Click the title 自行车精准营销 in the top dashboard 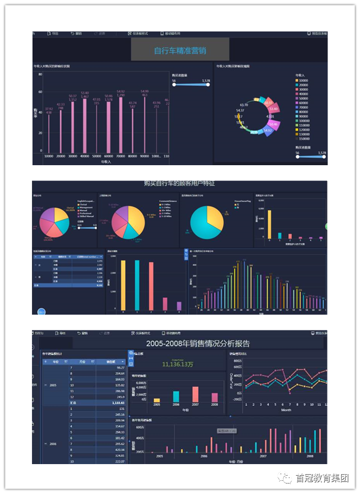(x=180, y=51)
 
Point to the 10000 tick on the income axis (x=49, y=156)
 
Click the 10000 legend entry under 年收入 (x=303, y=80)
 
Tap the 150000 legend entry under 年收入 (x=304, y=138)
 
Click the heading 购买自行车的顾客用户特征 (x=179, y=184)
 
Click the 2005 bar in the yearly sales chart (x=157, y=400)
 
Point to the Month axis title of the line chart (x=286, y=410)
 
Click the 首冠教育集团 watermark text (x=322, y=478)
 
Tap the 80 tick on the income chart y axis (x=40, y=74)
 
